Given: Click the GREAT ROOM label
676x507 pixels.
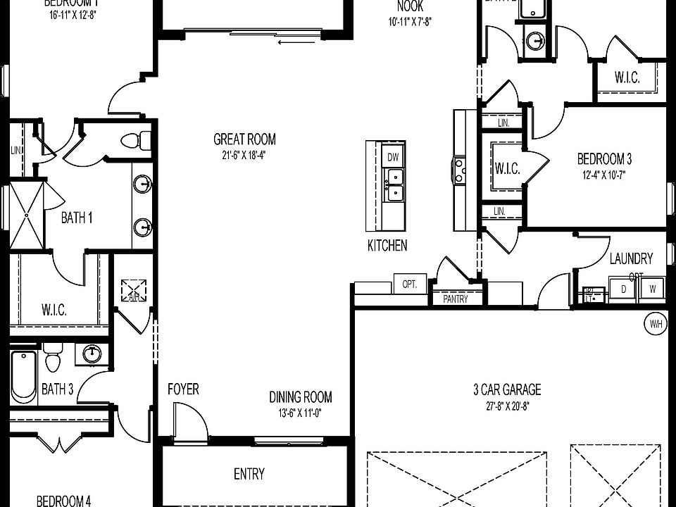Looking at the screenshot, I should [244, 139].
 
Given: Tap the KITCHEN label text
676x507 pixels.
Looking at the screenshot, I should [387, 246].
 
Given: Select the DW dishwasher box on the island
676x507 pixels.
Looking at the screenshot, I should [392, 156].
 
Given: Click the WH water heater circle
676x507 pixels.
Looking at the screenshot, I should [656, 324].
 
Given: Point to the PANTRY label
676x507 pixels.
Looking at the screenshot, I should [456, 299].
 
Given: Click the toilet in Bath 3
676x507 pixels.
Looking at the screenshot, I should [53, 360].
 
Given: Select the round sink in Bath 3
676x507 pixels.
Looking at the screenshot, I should [92, 353].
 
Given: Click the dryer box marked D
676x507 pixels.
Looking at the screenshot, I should [623, 289].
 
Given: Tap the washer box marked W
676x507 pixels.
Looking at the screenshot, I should [652, 289].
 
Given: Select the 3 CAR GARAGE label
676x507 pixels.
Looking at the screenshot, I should [507, 389].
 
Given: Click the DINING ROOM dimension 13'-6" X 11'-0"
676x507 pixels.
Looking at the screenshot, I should [301, 413].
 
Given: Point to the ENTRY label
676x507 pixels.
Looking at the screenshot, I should [249, 474].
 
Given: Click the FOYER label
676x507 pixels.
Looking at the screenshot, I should [183, 389].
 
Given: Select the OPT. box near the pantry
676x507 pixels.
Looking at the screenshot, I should [410, 285].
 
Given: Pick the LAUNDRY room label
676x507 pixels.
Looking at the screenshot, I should [631, 258].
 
